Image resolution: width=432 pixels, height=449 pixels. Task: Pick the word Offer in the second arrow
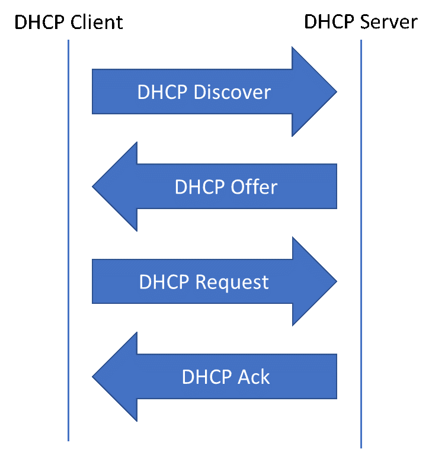[x=252, y=187]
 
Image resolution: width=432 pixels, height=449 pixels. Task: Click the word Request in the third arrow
[x=232, y=282]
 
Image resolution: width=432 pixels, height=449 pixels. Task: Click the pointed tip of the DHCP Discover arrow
[x=335, y=92]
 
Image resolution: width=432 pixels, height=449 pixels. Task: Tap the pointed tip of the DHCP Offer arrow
[x=95, y=187]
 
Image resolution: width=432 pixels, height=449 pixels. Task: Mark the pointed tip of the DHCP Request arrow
[x=335, y=281]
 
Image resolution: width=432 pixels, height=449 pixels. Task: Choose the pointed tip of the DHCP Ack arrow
[x=95, y=376]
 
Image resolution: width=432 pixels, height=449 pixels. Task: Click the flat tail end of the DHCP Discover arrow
[x=94, y=92]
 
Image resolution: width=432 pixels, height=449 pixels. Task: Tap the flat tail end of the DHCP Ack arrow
[x=335, y=376]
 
